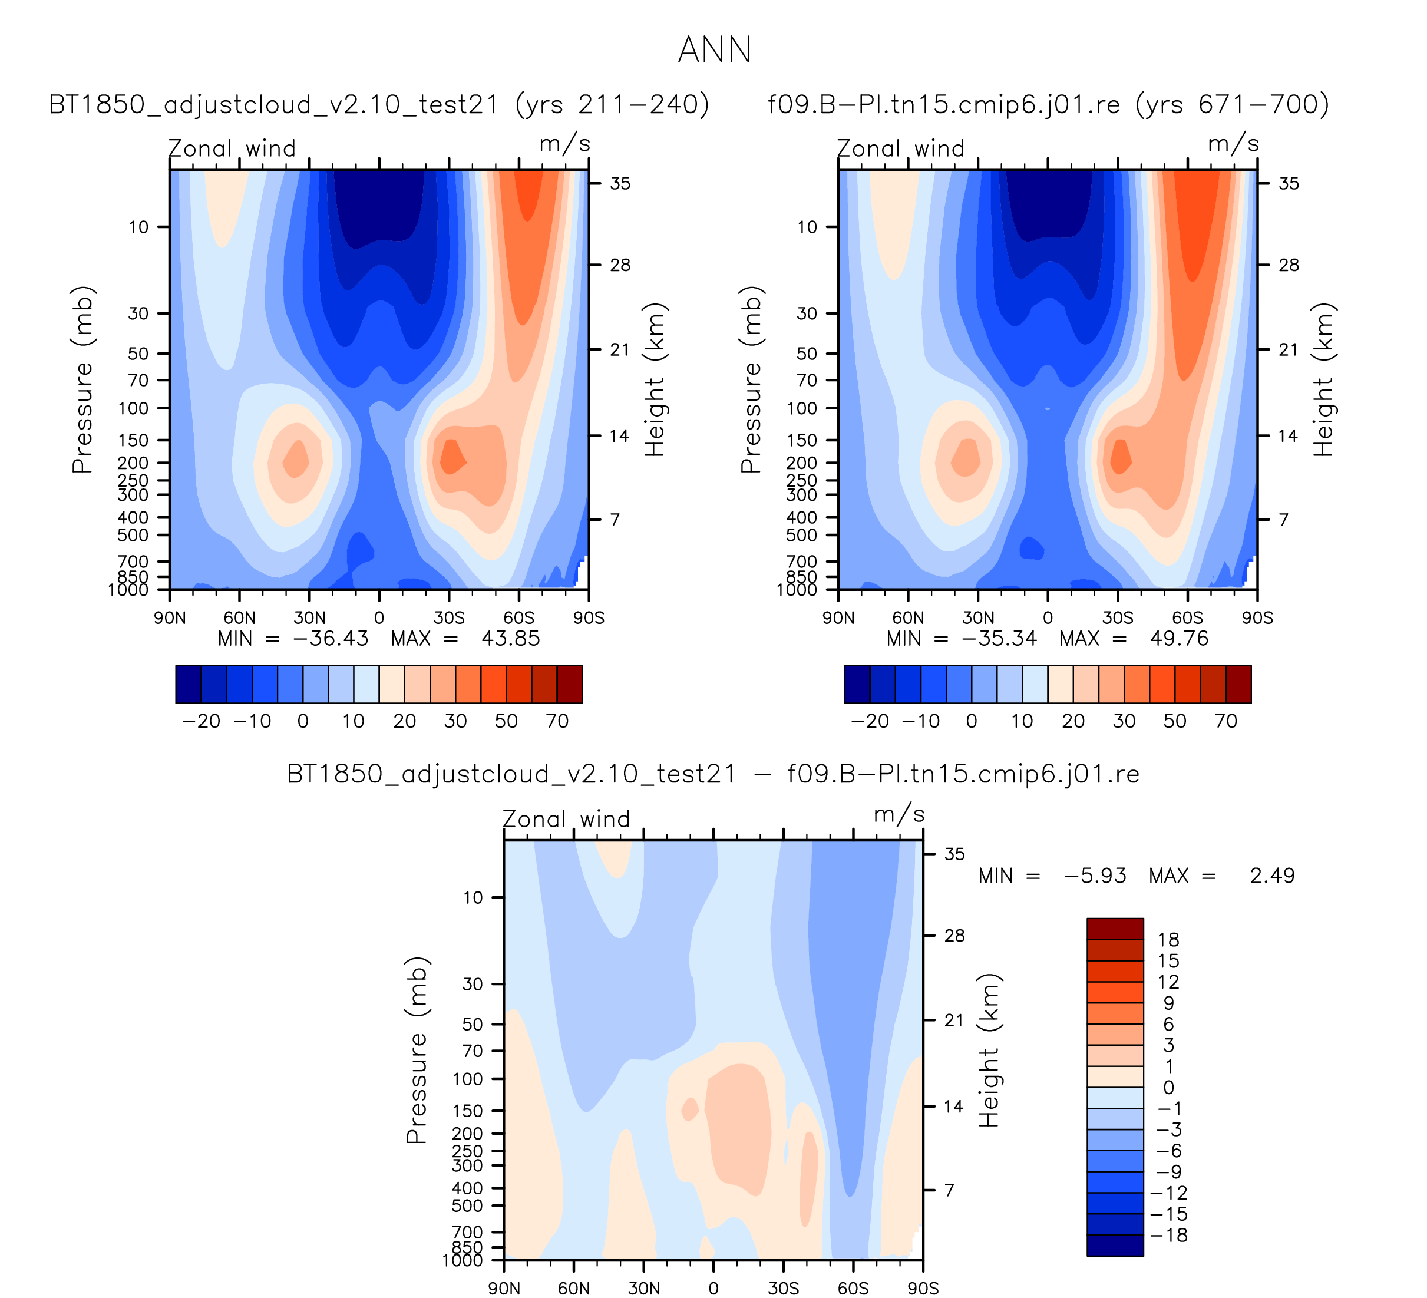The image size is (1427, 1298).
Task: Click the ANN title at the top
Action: tap(714, 50)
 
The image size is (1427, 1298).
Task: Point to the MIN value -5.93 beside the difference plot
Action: tap(1095, 876)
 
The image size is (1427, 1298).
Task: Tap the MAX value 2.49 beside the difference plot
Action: tap(1272, 876)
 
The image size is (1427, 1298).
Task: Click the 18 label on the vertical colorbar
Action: tap(1168, 940)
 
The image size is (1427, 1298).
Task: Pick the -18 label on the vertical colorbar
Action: tap(1168, 1235)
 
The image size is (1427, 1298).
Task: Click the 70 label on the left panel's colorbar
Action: tap(557, 721)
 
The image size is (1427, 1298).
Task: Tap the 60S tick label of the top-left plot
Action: tap(519, 618)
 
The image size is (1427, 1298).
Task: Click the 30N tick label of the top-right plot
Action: tap(977, 618)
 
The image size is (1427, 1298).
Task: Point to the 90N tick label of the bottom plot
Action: tap(504, 1288)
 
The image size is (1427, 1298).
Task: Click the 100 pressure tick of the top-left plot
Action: tap(133, 408)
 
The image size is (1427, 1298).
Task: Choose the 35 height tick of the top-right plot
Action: tap(1289, 183)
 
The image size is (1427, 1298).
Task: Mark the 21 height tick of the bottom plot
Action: tap(954, 1020)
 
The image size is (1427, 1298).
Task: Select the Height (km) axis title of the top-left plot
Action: tap(655, 380)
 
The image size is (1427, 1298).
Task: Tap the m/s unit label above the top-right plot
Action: tap(1233, 144)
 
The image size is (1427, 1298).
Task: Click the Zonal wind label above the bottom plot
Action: tap(566, 819)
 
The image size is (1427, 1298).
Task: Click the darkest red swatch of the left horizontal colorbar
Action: tap(570, 685)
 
